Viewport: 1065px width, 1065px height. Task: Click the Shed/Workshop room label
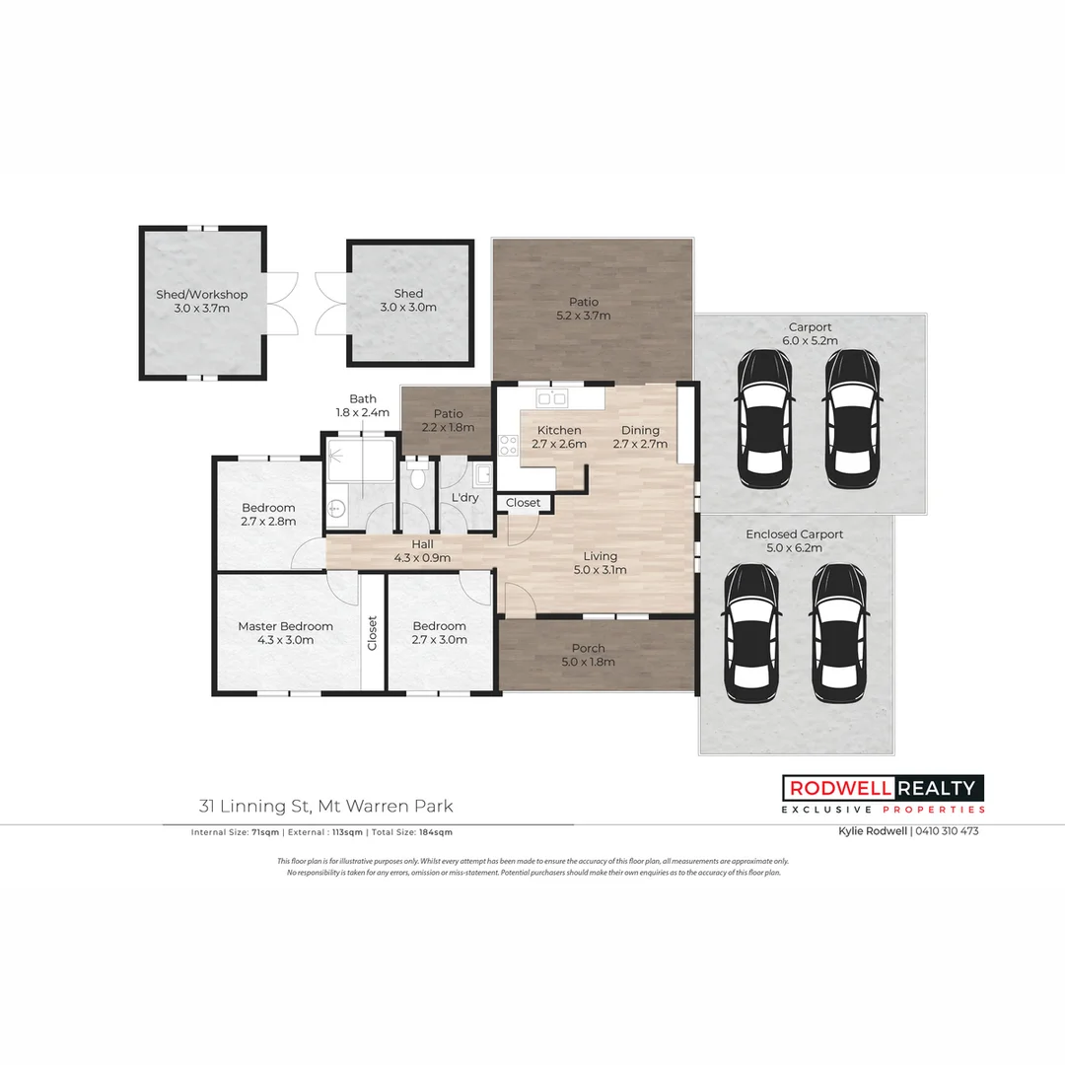click(201, 301)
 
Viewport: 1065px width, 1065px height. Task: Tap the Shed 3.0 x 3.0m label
click(408, 300)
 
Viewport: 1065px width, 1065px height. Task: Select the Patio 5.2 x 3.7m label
click(583, 309)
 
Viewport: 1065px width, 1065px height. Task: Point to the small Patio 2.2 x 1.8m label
click(448, 421)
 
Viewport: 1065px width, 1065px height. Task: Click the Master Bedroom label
click(285, 632)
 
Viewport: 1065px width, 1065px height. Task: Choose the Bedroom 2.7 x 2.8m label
click(268, 515)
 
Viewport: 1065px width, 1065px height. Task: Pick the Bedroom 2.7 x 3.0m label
click(439, 632)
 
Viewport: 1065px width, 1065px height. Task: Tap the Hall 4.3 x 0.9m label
click(422, 550)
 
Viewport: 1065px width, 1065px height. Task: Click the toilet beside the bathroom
click(419, 479)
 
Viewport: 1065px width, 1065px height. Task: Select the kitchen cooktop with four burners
click(509, 445)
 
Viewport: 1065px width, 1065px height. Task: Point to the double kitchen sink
click(550, 397)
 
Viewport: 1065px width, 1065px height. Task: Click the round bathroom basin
click(337, 509)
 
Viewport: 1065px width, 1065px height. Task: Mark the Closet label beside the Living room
click(523, 503)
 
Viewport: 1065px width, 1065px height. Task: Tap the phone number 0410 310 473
click(947, 831)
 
